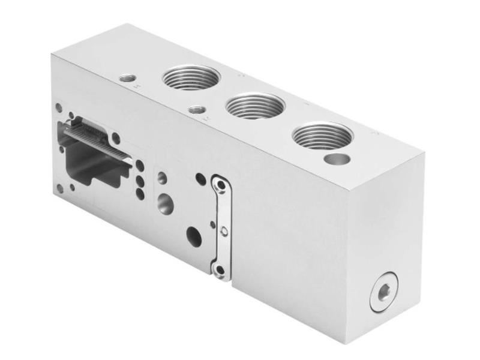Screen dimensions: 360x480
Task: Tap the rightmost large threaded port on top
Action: (x=322, y=136)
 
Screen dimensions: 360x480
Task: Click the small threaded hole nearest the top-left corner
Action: (x=127, y=78)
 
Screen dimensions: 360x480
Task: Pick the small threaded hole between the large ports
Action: (x=195, y=110)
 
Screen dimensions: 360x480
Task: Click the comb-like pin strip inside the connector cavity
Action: (x=102, y=142)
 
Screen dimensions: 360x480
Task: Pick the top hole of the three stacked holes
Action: (x=139, y=164)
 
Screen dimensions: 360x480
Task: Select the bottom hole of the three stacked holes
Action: (x=139, y=194)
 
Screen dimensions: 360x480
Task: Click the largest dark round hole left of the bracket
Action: (x=194, y=235)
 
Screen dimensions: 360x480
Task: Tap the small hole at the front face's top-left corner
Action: (x=59, y=108)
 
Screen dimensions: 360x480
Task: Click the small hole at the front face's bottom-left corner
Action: (x=59, y=188)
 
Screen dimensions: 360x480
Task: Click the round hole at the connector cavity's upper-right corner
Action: (x=116, y=139)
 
